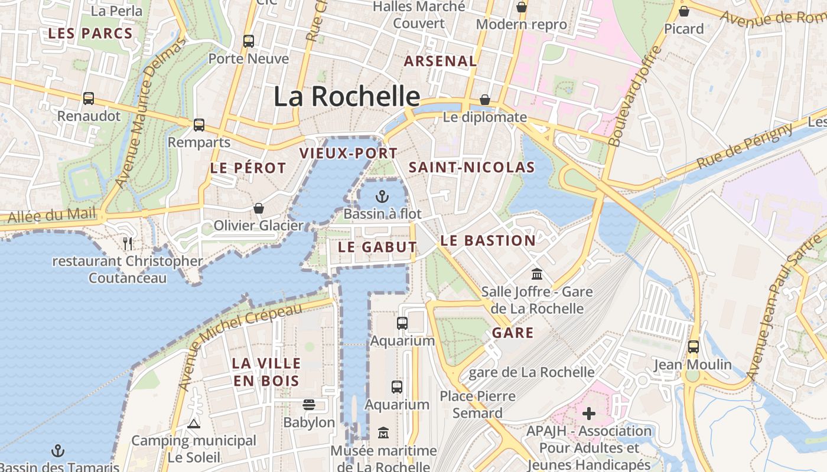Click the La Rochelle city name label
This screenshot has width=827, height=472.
[347, 96]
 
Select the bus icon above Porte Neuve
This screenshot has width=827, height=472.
[249, 41]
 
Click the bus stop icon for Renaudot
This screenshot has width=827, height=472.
[89, 99]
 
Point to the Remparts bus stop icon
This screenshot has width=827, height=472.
[199, 125]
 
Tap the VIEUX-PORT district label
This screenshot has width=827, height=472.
[349, 153]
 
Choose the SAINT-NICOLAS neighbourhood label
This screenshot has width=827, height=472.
[471, 168]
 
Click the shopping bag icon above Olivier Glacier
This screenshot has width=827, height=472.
[258, 208]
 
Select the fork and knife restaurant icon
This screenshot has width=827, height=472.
[128, 243]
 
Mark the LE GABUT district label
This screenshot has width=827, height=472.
[377, 247]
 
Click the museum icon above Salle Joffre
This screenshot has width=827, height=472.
[537, 274]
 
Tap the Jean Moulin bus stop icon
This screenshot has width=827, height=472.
[693, 347]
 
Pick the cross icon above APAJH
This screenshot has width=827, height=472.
[589, 414]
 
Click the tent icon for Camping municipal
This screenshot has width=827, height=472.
[193, 424]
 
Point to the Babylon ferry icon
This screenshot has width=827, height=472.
[308, 405]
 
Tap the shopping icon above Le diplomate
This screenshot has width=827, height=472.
[485, 100]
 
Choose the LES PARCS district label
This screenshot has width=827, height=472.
[90, 33]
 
